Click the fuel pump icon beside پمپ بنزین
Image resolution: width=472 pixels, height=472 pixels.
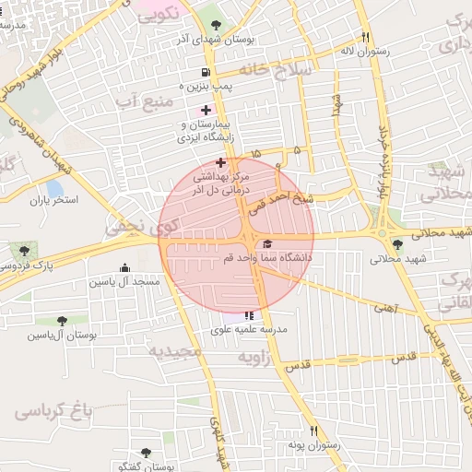pos(204,72)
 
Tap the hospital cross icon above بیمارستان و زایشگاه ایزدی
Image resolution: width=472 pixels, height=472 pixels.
pos(206,109)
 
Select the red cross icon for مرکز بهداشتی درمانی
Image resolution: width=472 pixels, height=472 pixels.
pos(220,162)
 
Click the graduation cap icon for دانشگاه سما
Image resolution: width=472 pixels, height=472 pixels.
pos(267,243)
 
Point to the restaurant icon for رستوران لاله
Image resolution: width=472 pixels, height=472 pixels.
pos(366,38)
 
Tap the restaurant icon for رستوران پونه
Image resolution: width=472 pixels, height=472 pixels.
pos(313,431)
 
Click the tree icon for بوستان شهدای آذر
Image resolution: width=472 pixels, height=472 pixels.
pos(216,24)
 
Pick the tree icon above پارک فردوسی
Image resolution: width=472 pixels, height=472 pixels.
pos(24,250)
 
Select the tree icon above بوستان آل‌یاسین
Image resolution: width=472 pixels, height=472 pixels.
pos(62,321)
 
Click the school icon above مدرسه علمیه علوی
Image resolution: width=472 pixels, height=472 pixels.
pos(248,315)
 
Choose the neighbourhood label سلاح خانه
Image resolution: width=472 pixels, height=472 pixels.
pos(277,68)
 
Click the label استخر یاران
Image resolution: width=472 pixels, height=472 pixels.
pos(54,199)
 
